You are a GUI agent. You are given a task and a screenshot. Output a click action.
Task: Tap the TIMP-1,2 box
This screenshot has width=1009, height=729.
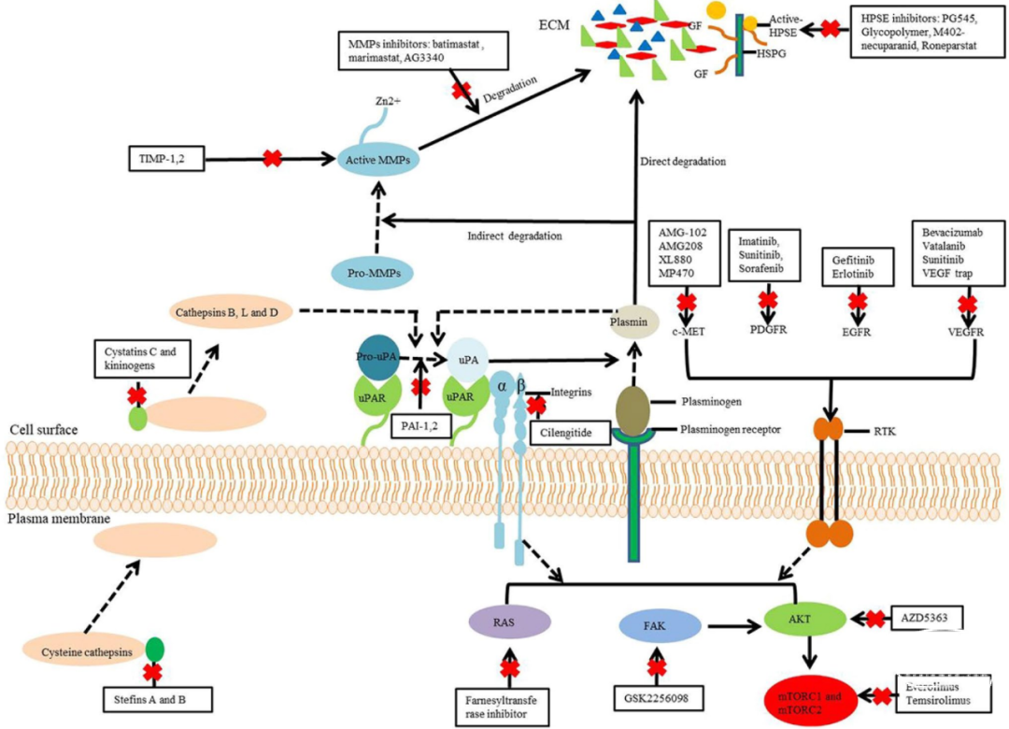pos(164,158)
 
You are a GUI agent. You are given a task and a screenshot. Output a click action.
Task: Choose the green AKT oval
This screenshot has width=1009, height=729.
pos(793,618)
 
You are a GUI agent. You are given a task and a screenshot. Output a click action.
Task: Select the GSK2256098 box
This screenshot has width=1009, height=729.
pos(657,697)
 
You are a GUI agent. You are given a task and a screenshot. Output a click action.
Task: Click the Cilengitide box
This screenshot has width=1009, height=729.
pos(568,433)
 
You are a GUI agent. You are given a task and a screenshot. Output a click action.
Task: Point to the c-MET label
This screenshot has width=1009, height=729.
pos(688,330)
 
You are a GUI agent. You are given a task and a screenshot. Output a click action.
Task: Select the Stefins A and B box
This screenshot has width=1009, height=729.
pos(158,697)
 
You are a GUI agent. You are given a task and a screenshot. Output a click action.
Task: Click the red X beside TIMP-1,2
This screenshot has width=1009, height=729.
pos(272,158)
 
